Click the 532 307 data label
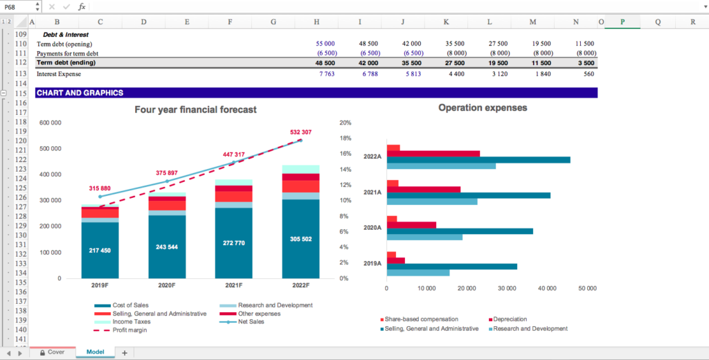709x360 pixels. pos(300,132)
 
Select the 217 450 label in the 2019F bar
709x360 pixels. pos(100,251)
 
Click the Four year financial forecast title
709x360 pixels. pos(195,109)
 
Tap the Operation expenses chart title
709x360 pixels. pos(483,108)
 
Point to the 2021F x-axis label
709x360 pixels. pos(233,285)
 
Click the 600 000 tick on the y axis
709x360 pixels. pos(50,123)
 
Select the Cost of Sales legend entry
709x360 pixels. pos(130,305)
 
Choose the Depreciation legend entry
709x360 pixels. pos(510,319)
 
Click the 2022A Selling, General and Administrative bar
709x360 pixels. pos(478,160)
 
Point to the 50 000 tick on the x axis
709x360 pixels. pos(587,288)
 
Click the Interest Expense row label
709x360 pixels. pos(59,74)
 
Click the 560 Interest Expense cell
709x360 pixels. pos(589,74)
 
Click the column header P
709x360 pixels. pos(622,22)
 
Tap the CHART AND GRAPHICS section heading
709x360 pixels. pos(80,93)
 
